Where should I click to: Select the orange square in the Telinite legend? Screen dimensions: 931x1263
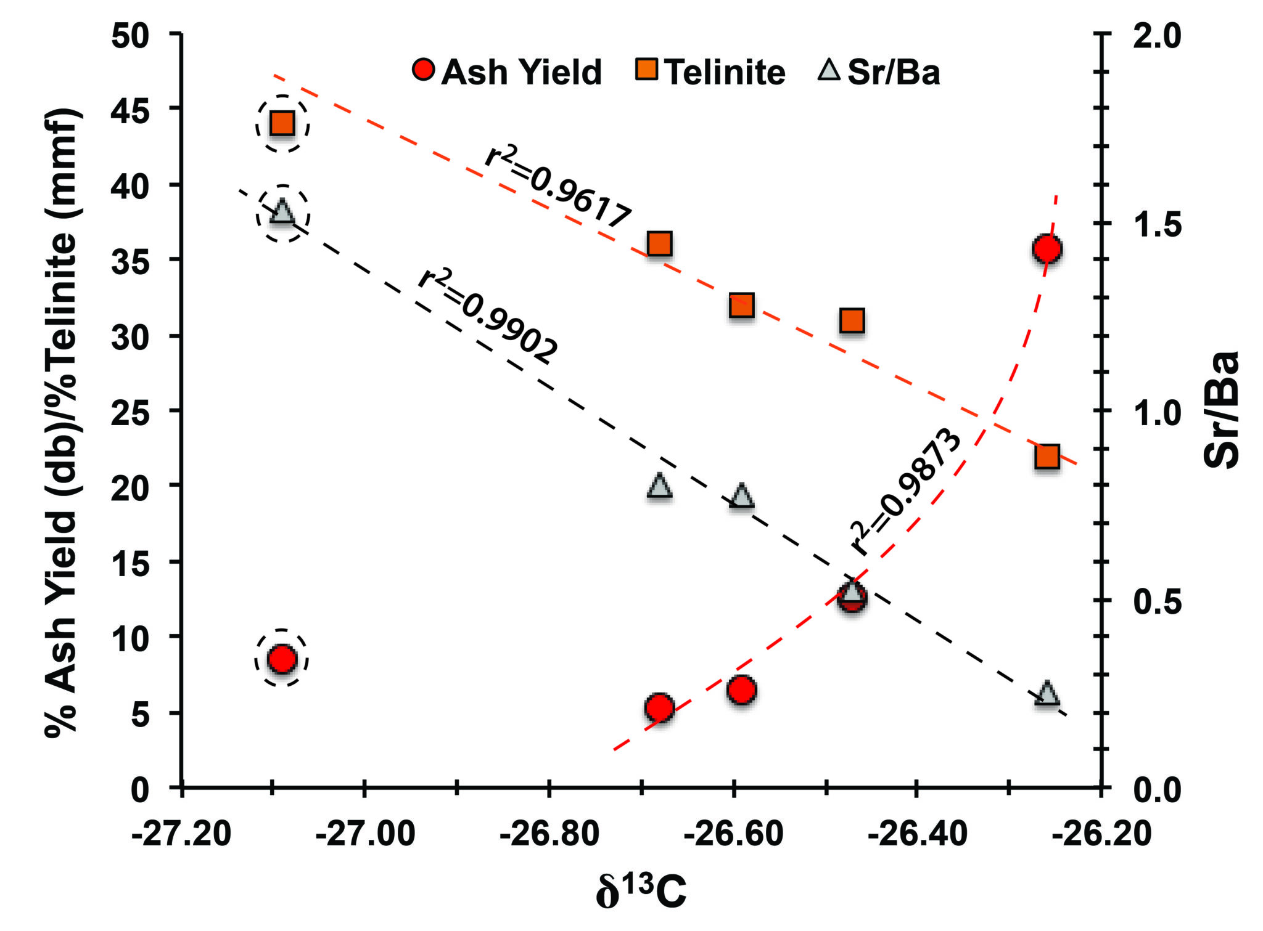pyautogui.click(x=647, y=69)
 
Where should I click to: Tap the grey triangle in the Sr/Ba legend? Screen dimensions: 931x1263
pyautogui.click(x=829, y=70)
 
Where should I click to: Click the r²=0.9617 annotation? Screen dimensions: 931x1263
pyautogui.click(x=558, y=187)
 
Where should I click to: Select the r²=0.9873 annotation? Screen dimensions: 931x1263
pyautogui.click(x=905, y=490)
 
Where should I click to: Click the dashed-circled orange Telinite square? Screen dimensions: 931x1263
pyautogui.click(x=282, y=124)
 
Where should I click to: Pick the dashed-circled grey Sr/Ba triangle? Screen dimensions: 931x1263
pyautogui.click(x=282, y=211)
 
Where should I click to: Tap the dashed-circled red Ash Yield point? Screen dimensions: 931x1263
pyautogui.click(x=282, y=659)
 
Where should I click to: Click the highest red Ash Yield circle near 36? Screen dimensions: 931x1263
pyautogui.click(x=1047, y=249)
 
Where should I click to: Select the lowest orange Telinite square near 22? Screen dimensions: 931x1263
pyautogui.click(x=1047, y=457)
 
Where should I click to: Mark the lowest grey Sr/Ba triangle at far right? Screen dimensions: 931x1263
pyautogui.click(x=1047, y=693)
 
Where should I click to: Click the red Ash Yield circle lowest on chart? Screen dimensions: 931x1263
pyautogui.click(x=659, y=707)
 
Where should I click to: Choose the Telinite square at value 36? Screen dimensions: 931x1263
pyautogui.click(x=659, y=244)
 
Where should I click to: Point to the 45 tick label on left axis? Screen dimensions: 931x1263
pyautogui.click(x=130, y=110)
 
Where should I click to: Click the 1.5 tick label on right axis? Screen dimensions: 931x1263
pyautogui.click(x=1157, y=224)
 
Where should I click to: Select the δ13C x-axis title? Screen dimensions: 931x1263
pyautogui.click(x=641, y=891)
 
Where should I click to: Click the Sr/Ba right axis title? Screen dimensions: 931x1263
pyautogui.click(x=1222, y=410)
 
